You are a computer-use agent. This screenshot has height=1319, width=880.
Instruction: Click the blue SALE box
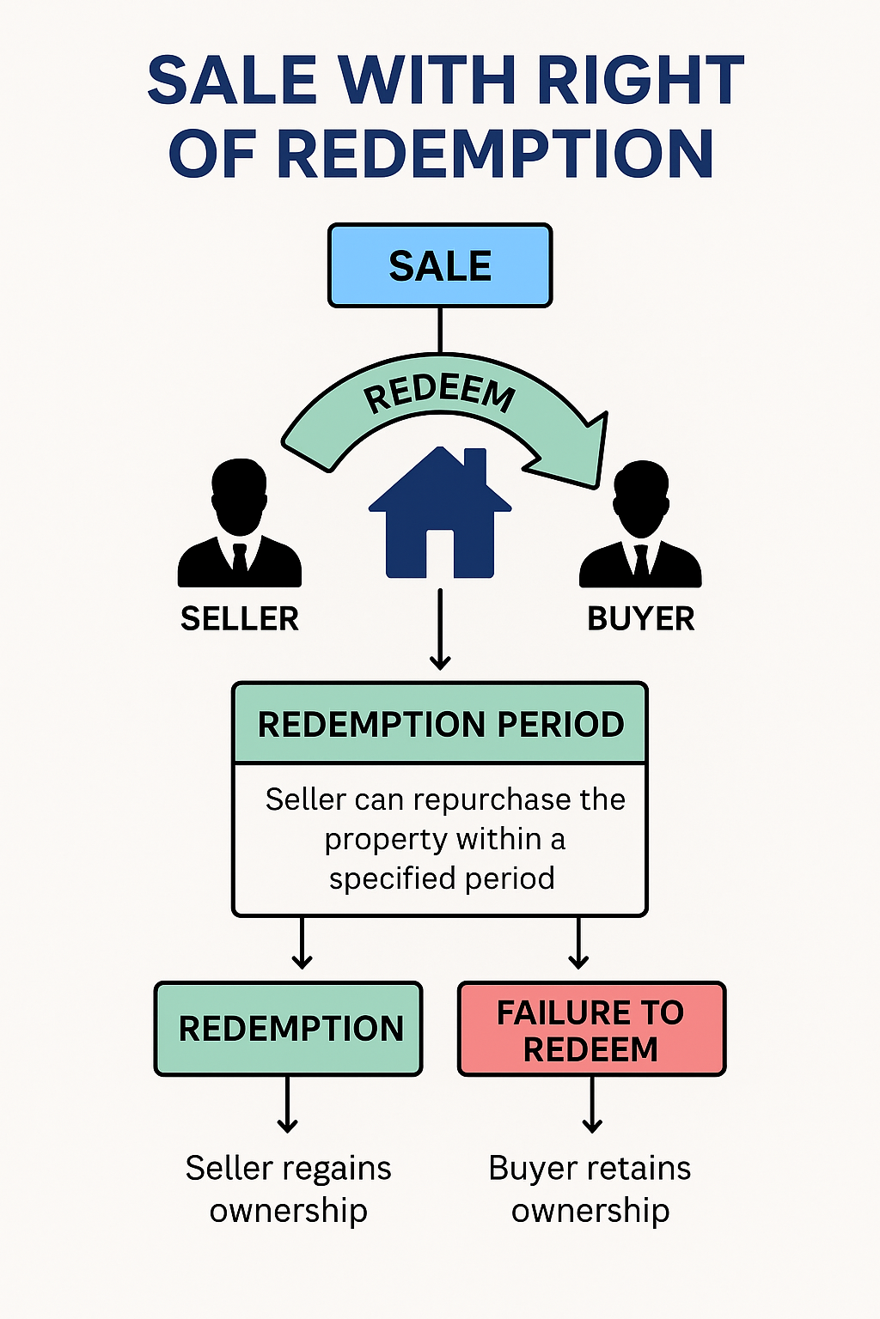tap(440, 265)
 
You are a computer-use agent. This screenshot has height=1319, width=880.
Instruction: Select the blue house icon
tap(440, 515)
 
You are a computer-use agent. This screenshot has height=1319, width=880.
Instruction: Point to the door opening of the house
tap(440, 554)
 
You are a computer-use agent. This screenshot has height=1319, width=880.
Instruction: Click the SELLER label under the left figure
tap(240, 619)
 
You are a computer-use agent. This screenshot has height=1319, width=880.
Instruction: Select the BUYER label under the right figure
tap(641, 619)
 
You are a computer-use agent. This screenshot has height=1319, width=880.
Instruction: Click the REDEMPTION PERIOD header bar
tap(440, 724)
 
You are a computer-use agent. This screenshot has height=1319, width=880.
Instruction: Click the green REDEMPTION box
tap(289, 1029)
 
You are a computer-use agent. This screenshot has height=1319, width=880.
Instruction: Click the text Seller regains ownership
tap(289, 1188)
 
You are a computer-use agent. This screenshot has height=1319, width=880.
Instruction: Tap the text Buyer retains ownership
tap(590, 1188)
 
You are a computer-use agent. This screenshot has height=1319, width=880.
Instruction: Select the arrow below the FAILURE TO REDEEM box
tap(592, 1105)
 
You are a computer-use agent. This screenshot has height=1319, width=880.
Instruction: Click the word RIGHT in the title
tap(639, 81)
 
